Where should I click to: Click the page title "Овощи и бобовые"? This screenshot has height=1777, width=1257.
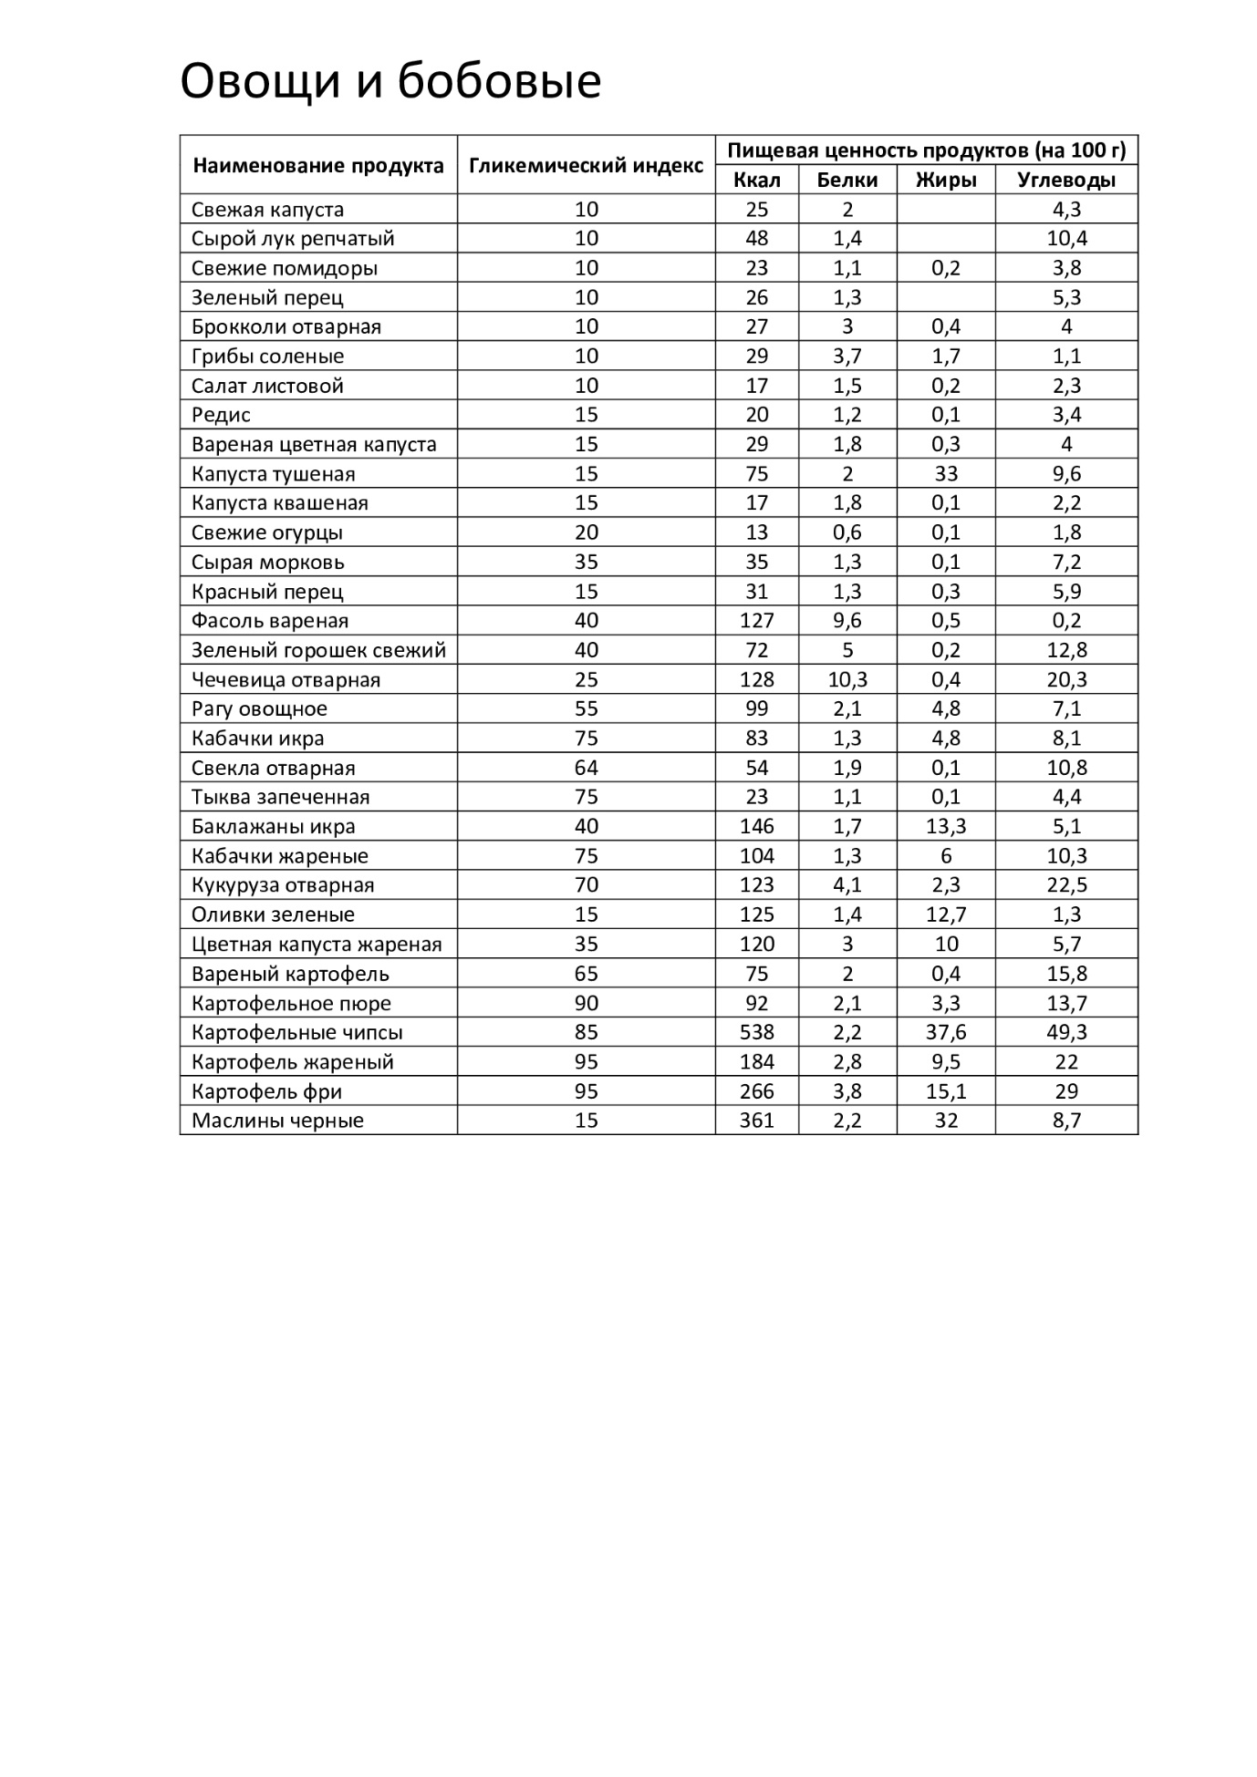coord(390,81)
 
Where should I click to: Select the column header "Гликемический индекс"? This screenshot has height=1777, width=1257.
coord(586,165)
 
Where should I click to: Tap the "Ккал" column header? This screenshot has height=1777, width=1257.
coord(756,180)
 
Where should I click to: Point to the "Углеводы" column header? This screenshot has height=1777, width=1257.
coord(1065,180)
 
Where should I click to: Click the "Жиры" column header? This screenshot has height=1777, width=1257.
coord(946,180)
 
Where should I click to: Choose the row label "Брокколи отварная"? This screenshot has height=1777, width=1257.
coord(286,326)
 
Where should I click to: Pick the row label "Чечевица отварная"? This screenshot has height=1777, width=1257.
coord(286,679)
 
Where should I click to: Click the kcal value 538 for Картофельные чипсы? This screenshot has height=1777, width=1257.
coord(756,1032)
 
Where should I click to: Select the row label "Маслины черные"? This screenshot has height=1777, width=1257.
coord(277,1121)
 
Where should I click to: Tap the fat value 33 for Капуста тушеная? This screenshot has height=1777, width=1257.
coord(946,473)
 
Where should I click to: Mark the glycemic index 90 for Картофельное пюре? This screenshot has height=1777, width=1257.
coord(586,1003)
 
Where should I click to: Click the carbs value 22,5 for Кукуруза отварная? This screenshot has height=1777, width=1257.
coord(1065,885)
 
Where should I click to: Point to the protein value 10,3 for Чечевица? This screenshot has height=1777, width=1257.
coord(847,679)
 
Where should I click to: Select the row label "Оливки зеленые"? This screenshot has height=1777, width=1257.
coord(273,914)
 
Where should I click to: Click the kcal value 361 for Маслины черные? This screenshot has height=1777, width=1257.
coord(756,1121)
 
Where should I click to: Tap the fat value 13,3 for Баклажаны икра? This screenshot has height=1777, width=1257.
coord(946,826)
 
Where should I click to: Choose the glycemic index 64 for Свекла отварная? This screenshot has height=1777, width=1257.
coord(586,768)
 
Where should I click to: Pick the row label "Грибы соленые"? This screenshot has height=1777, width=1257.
coord(267,356)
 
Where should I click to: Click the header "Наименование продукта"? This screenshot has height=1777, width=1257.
coord(317,165)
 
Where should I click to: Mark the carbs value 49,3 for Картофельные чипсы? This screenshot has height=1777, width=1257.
coord(1065,1032)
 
